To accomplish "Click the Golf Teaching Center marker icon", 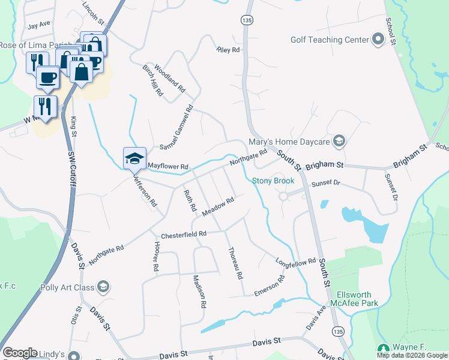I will coord(378,40).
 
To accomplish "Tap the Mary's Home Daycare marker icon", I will coord(339,142).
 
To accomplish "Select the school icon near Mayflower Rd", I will coord(135,159).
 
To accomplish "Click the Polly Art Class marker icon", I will coord(103,287).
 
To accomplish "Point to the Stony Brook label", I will coord(273,181).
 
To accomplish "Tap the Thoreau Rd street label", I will coord(235,265).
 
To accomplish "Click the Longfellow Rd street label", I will coord(296,262).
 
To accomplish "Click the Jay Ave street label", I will coord(39,25).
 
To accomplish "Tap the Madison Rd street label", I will coord(200,292).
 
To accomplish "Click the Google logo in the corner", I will coord(20,353).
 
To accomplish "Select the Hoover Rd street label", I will coord(155,256).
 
